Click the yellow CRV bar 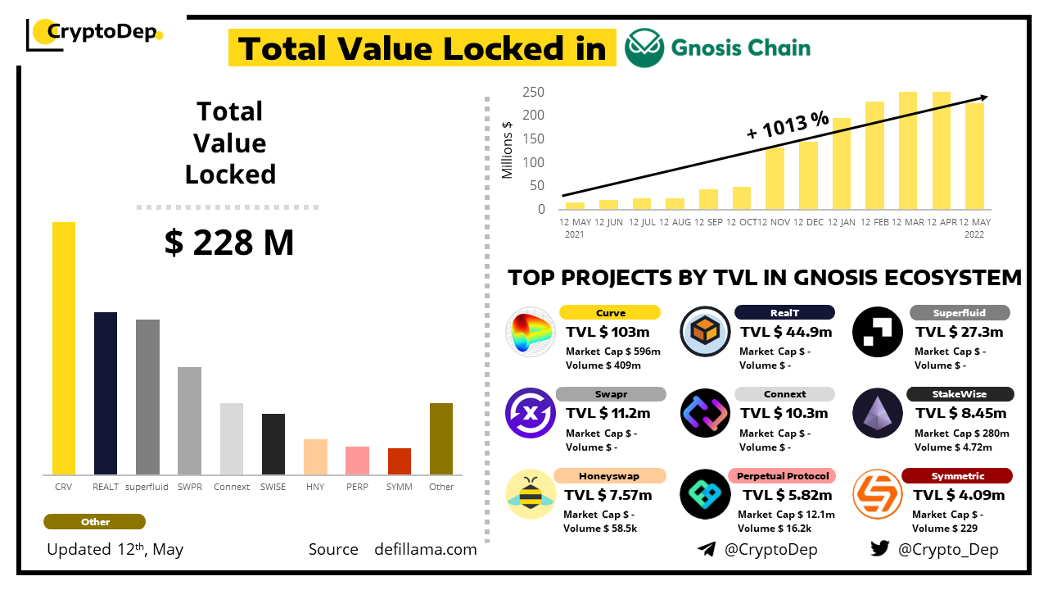(64, 348)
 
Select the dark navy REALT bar (106, 393)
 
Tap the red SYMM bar (400, 461)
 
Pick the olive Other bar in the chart (441, 438)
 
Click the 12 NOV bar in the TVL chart (775, 178)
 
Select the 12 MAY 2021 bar (576, 205)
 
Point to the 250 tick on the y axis (534, 92)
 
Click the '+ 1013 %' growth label (788, 125)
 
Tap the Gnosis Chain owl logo (644, 48)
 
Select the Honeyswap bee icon (531, 495)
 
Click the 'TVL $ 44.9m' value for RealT (786, 332)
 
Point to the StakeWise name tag (959, 394)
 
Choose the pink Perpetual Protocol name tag (783, 476)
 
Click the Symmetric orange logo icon (878, 495)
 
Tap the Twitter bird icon (880, 549)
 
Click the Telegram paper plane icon (707, 549)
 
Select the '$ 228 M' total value (229, 243)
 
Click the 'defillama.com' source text (426, 549)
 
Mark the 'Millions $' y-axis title (508, 150)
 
